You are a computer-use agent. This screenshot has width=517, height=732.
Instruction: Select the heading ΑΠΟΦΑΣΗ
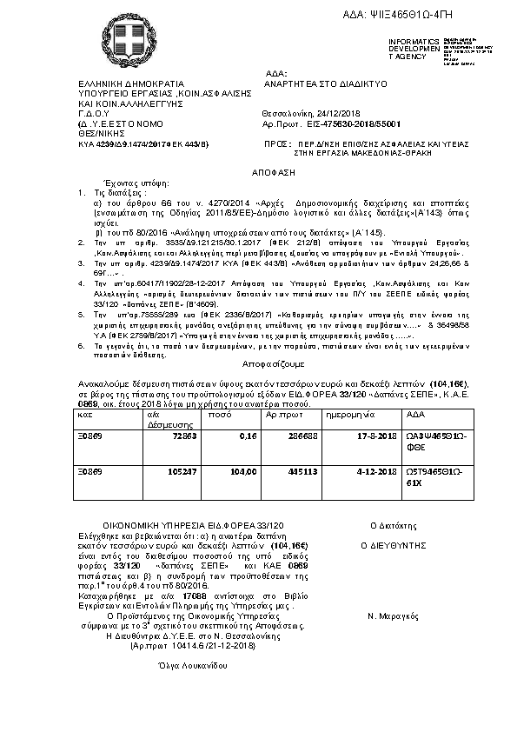tap(261, 172)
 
